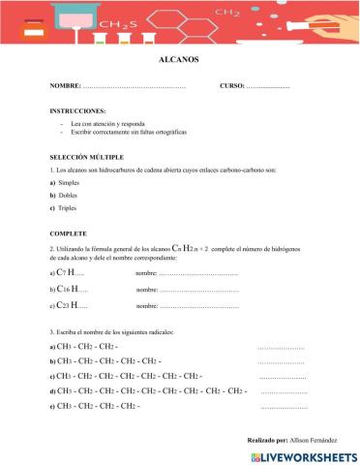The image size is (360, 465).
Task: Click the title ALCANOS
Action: tap(176, 60)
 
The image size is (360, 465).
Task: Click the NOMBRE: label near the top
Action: tap(65, 88)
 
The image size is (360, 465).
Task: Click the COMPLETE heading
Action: tap(68, 234)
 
